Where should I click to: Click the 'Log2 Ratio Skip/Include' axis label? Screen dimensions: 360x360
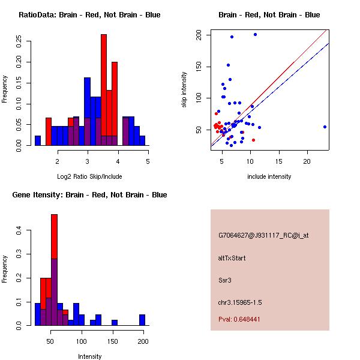point(89,176)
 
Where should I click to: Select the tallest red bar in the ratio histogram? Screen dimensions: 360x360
point(104,84)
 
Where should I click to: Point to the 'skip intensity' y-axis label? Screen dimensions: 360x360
point(184,90)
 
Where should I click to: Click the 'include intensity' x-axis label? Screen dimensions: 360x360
point(269,176)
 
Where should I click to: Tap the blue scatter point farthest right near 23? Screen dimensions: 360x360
point(325,127)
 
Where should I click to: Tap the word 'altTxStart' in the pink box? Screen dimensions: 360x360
point(232,258)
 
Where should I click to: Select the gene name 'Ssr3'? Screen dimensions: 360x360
point(224,280)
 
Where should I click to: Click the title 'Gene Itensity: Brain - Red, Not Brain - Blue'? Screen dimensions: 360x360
point(89,195)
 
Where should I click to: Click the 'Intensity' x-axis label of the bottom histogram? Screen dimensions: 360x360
point(89,356)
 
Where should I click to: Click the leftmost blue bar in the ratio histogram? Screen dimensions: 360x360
point(38,140)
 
